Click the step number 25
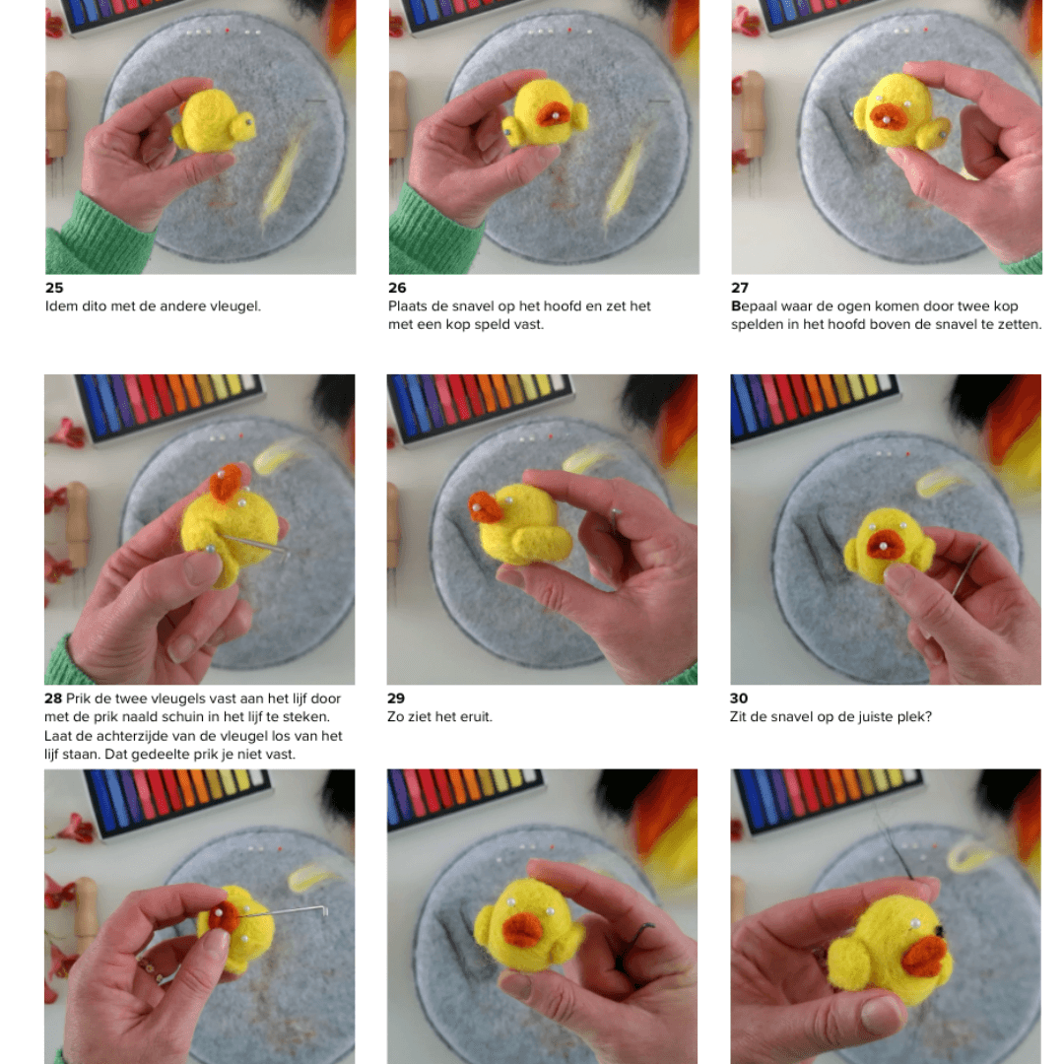click(x=54, y=288)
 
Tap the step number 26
click(x=397, y=288)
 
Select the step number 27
click(x=740, y=288)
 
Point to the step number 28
click(x=53, y=698)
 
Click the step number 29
click(x=396, y=698)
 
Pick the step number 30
click(x=739, y=698)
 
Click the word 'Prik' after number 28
click(x=78, y=698)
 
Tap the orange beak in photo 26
click(x=554, y=114)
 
